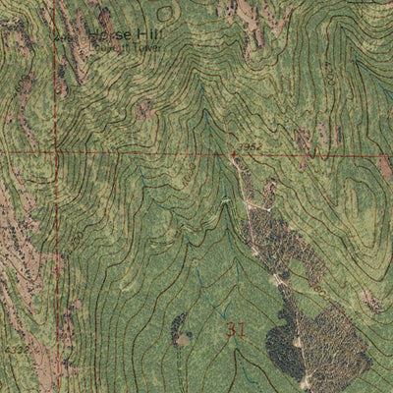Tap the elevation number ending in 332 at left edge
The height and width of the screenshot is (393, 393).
(x=12, y=347)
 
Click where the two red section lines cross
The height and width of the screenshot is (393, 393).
(x=57, y=152)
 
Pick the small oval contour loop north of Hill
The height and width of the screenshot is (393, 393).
(x=165, y=11)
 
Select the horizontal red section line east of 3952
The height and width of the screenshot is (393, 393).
(x=314, y=155)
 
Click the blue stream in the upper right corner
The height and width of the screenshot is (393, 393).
(x=378, y=29)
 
